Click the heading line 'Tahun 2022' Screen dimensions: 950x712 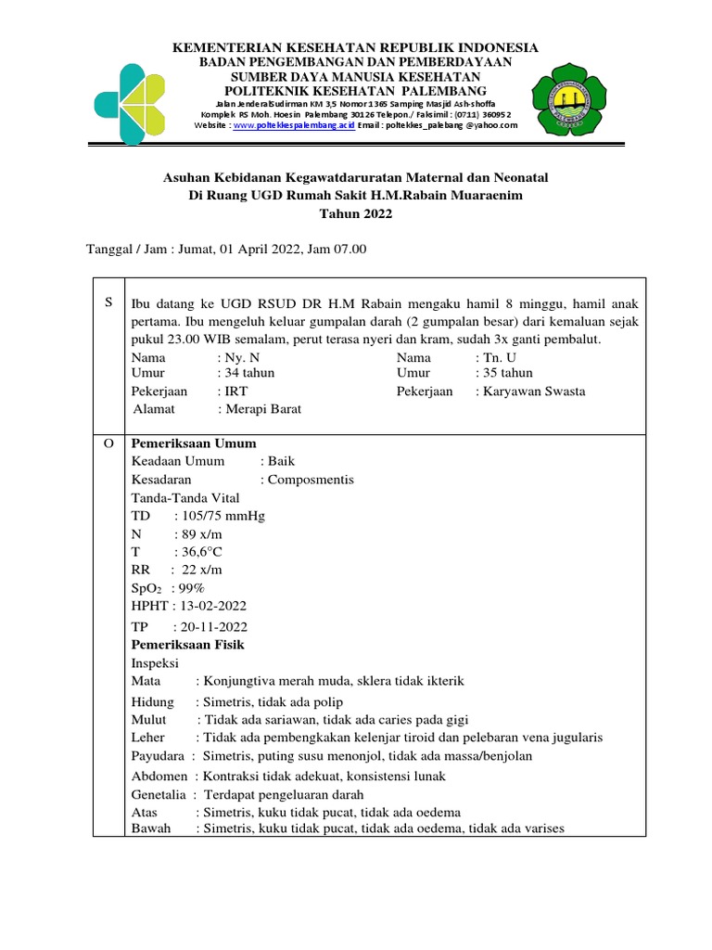[356, 213]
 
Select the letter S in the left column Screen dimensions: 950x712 [108, 302]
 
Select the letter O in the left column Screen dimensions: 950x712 [108, 443]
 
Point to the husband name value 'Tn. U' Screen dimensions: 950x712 [498, 357]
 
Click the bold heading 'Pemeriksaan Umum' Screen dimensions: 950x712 [194, 443]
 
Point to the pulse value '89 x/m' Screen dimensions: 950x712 [198, 534]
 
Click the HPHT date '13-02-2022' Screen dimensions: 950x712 [210, 606]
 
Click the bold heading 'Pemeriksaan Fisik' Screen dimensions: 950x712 [188, 644]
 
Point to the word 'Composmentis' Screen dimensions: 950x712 [307, 480]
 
